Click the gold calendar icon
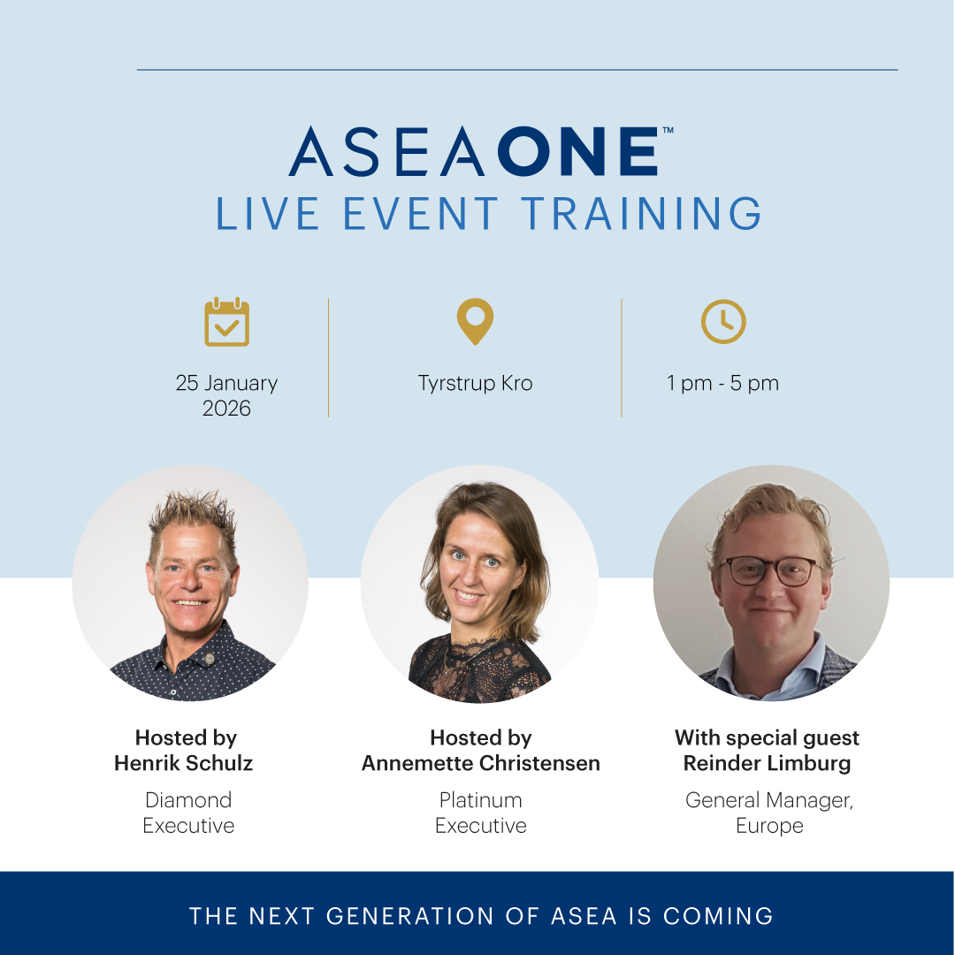[x=226, y=323]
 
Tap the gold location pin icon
[x=475, y=321]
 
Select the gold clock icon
[x=723, y=322]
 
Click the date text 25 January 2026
[x=226, y=395]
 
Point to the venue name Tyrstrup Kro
[x=475, y=384]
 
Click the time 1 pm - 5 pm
[x=722, y=384]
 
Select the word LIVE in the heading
[x=266, y=215]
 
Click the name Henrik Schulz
[x=183, y=763]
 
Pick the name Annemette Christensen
[x=480, y=763]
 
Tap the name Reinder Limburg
[x=767, y=763]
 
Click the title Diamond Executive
[x=188, y=813]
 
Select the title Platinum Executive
[x=480, y=813]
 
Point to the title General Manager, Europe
[x=768, y=813]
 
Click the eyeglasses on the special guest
[x=771, y=570]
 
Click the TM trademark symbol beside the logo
[x=668, y=130]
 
